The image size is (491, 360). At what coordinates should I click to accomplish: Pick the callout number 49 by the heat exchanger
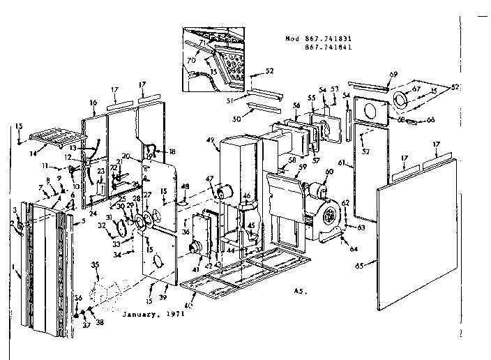pos(210,140)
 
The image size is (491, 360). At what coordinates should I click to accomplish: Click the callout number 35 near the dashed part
pos(95,264)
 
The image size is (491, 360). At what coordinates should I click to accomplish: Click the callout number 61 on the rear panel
pos(341,163)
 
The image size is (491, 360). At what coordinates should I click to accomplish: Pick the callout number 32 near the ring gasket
pos(101,225)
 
